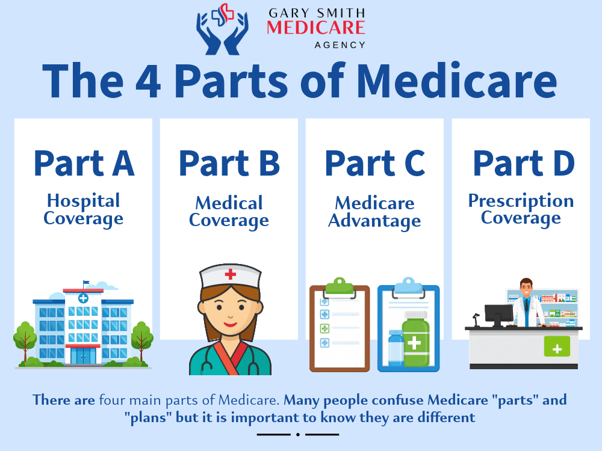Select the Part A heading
coord(83,162)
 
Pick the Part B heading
coord(229,162)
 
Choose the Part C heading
coord(374,162)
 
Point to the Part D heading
coord(522,162)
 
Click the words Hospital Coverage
coord(83,209)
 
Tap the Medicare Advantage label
coord(374,212)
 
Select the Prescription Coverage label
coord(521,209)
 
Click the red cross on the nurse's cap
coord(230,275)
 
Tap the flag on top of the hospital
coord(86,283)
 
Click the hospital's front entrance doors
coord(83,357)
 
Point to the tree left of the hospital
coord(25,340)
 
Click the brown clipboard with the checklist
coord(340,328)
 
